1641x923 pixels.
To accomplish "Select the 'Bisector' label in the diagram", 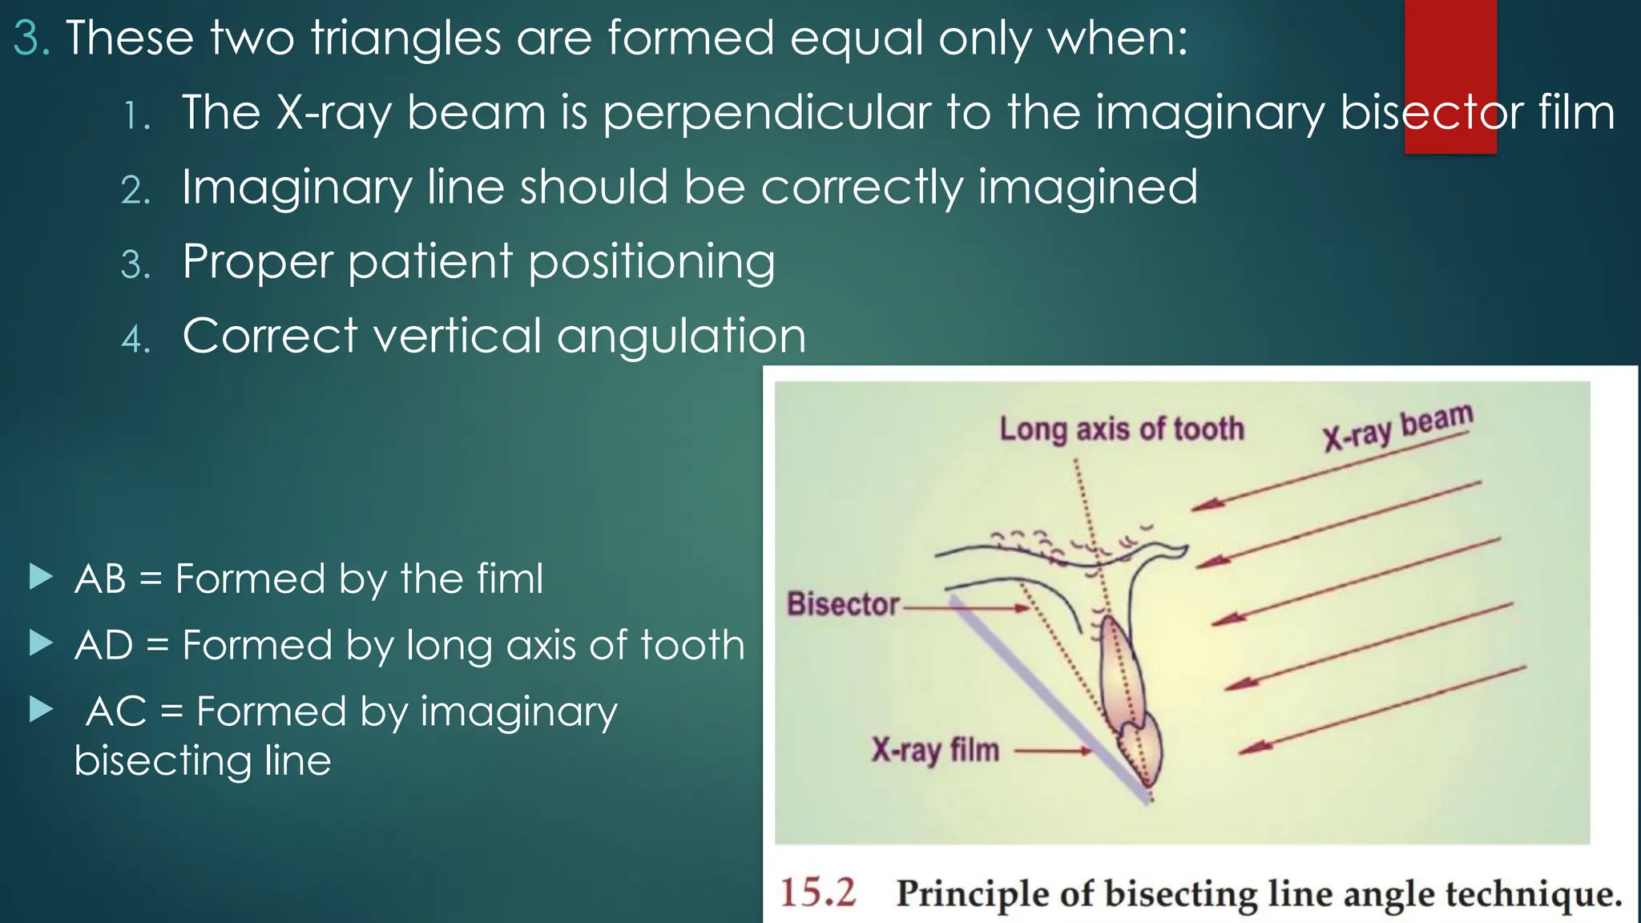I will [x=843, y=604].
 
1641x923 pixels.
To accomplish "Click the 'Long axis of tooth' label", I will [x=1121, y=429].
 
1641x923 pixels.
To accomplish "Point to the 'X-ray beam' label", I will [x=1397, y=427].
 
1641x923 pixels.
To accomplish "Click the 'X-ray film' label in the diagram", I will [x=935, y=751].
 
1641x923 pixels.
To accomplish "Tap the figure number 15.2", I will [x=818, y=893].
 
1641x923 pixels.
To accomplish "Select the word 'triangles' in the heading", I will [x=405, y=38].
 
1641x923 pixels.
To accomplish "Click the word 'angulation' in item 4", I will [x=681, y=336].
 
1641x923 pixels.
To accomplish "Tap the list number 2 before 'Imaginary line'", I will [x=135, y=190].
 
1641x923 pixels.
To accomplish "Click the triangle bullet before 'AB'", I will [x=40, y=576].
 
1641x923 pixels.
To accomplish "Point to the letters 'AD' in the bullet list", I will [x=103, y=645].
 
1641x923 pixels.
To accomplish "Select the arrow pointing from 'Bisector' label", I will [x=966, y=608].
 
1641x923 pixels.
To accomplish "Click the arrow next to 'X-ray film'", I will [x=1053, y=752].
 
